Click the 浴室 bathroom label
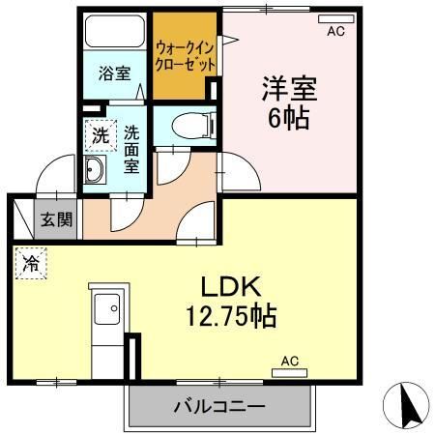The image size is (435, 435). tap(115, 72)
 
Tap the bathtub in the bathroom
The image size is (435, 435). tap(115, 34)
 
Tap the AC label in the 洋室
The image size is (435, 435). tap(335, 32)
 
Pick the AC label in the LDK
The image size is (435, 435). tap(289, 361)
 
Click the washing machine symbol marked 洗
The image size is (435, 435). tap(101, 136)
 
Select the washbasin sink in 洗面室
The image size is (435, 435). tap(96, 172)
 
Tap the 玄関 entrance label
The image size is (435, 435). tap(55, 219)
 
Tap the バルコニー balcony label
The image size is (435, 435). tap(219, 404)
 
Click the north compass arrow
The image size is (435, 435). tap(409, 402)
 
